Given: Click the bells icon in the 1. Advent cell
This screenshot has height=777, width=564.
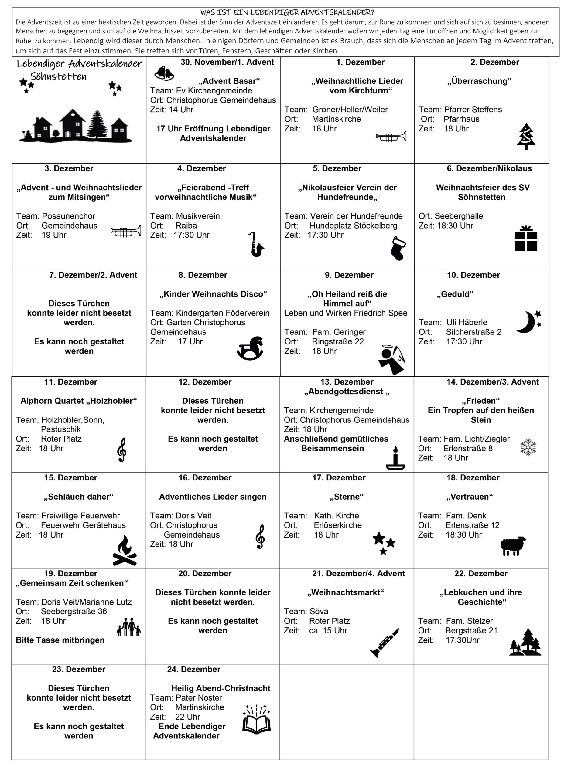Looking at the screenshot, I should pos(164,73).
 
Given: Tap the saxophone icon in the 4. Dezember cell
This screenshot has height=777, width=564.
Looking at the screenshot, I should pos(256,244).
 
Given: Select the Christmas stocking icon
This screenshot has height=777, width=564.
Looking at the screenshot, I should pos(398,248).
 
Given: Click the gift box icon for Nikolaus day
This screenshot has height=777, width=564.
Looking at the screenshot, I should pos(526,239).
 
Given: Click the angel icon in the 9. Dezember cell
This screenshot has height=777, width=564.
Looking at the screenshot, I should pos(392,360).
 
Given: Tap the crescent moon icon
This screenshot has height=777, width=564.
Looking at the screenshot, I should pos(528,322).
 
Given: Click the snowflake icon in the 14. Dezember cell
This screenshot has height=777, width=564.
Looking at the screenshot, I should pos(528,447).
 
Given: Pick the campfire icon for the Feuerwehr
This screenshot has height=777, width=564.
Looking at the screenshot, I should pos(125,551).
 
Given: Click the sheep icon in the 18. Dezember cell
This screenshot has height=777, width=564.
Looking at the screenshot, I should pos(513,545).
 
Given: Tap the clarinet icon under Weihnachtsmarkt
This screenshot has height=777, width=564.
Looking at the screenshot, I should pos(384,643).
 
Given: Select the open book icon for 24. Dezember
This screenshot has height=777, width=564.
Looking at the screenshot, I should pos(256,719).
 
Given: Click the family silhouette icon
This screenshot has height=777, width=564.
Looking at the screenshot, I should pos(129,627).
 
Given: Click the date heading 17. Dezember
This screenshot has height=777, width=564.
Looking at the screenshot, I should pos(338,477).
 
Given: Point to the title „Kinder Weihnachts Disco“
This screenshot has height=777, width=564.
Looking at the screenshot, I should pos(213,294).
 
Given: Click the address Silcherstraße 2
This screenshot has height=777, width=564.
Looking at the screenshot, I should pos(473,332).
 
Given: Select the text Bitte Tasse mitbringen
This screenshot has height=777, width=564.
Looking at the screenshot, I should pos(60,640).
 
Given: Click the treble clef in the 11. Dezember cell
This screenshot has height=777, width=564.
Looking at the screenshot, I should pos(121,450).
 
